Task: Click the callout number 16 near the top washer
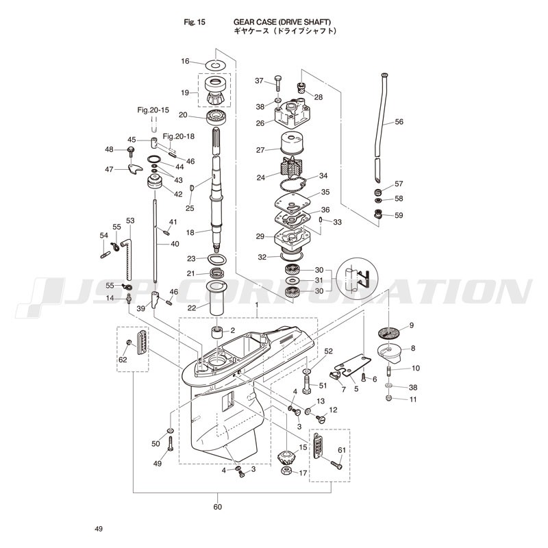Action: tap(185, 61)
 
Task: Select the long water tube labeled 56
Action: tap(382, 127)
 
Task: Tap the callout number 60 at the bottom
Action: tap(217, 507)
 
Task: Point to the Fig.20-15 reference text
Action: tap(153, 110)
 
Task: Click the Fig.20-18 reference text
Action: tap(179, 136)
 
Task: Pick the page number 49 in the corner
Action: tap(99, 529)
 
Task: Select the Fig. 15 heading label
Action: tap(195, 23)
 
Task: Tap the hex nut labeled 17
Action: tap(287, 471)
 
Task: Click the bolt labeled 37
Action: tap(278, 83)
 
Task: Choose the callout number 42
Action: tap(178, 195)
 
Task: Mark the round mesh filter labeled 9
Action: tap(388, 332)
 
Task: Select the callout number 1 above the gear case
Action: tap(256, 305)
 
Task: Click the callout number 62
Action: tap(123, 360)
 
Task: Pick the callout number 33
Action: tap(337, 222)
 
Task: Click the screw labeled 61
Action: tap(336, 464)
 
